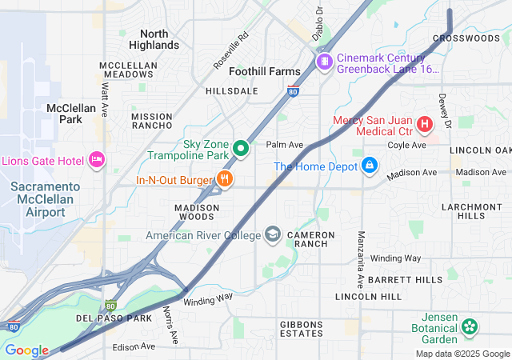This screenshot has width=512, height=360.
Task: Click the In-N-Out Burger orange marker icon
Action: tap(226, 180)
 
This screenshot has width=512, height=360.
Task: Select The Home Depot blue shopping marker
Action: tap(370, 166)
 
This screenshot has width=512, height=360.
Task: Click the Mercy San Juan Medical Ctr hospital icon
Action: tap(424, 125)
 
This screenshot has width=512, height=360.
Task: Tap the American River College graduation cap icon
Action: tap(273, 234)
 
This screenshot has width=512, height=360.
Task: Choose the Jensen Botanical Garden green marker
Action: tap(470, 326)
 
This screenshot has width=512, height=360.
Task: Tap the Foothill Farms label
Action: tap(265, 71)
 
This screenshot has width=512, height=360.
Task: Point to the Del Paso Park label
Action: tap(114, 318)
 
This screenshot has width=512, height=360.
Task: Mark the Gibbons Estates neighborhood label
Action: tap(290, 328)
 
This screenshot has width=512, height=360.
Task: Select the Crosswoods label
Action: tap(466, 38)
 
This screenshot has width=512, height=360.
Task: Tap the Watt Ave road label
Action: tap(103, 82)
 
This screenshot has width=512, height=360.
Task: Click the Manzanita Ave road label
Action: tap(361, 249)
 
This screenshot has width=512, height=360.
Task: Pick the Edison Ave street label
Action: tap(133, 346)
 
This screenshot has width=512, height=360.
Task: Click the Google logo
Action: tap(26, 350)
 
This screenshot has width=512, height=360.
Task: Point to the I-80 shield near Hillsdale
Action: tap(294, 91)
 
